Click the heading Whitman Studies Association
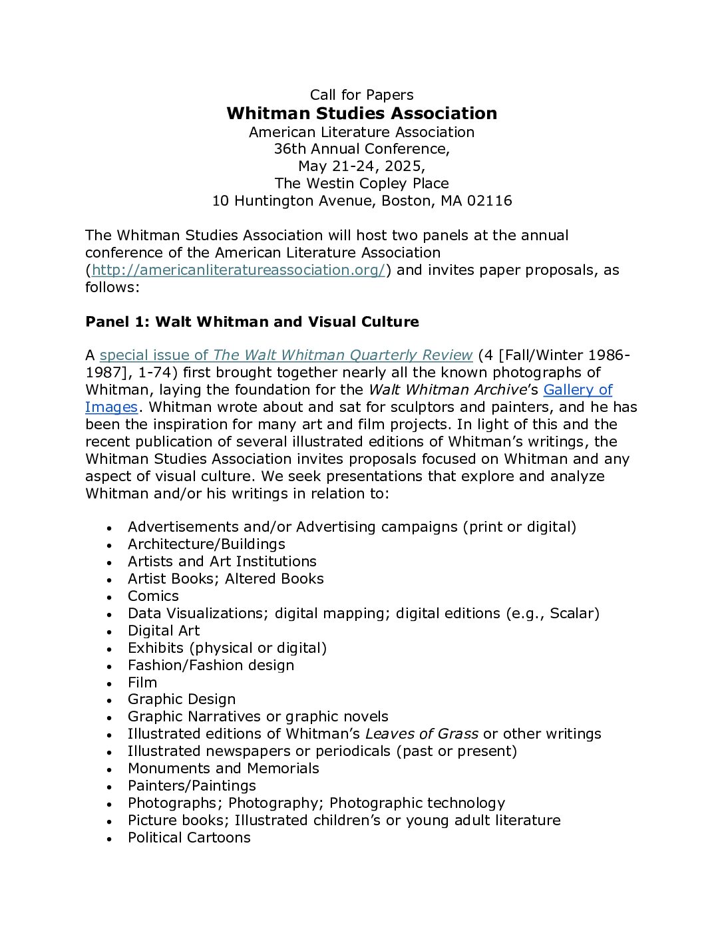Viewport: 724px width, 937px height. [x=361, y=113]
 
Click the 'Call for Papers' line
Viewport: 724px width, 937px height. [x=361, y=95]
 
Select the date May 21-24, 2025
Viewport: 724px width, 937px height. [x=361, y=166]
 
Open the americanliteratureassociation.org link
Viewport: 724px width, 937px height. [x=238, y=270]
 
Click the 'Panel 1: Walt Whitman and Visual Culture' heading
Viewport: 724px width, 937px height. [x=252, y=322]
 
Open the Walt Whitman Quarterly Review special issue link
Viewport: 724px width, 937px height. [x=286, y=355]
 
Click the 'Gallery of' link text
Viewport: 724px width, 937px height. [x=578, y=390]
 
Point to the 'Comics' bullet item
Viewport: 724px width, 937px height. [x=153, y=596]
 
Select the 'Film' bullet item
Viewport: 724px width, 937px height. [x=142, y=683]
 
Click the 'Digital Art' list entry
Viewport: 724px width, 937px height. [x=164, y=631]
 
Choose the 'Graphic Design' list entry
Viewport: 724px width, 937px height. [x=182, y=699]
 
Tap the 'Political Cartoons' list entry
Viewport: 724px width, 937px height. [x=189, y=838]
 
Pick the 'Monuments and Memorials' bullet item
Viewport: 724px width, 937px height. [x=224, y=769]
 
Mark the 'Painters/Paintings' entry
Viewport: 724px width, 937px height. [x=192, y=786]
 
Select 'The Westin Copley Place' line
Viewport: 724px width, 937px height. [x=361, y=184]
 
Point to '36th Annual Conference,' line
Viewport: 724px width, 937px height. [x=361, y=149]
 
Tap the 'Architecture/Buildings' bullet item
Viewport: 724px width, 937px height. [x=206, y=544]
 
